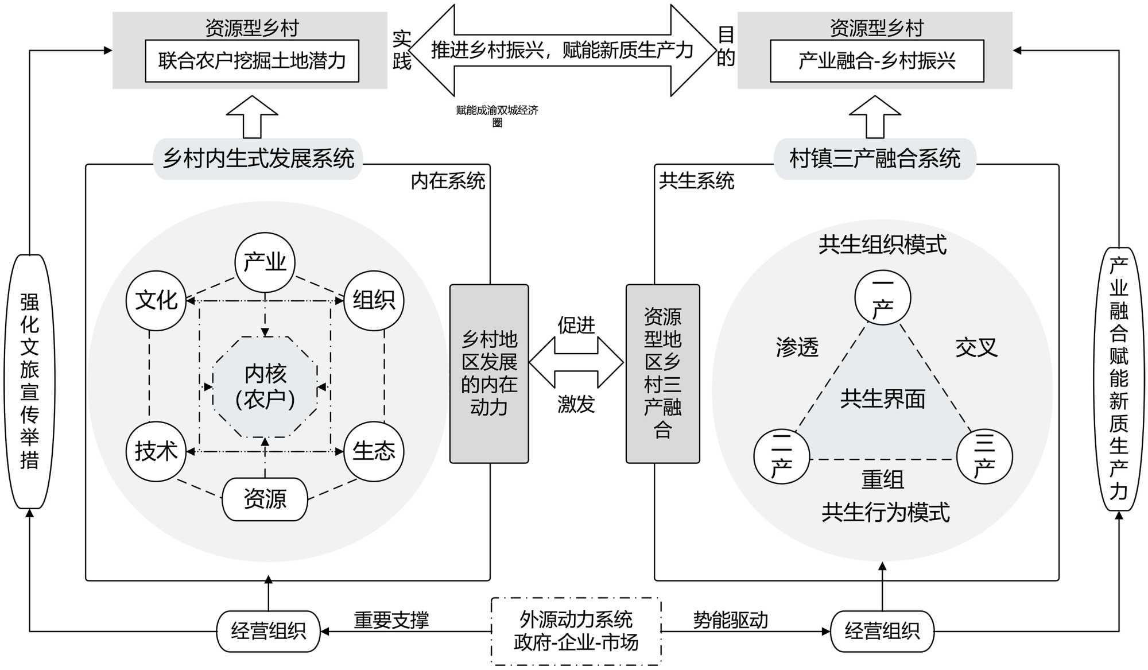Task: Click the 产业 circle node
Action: click(x=265, y=262)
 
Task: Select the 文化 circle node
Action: click(x=156, y=300)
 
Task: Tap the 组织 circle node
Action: click(x=374, y=300)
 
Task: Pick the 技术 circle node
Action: click(x=156, y=451)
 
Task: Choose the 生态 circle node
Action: click(x=374, y=451)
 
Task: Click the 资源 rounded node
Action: click(x=265, y=499)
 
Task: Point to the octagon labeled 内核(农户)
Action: click(x=265, y=386)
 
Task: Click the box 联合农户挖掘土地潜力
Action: click(x=252, y=61)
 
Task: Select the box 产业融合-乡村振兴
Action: click(x=876, y=61)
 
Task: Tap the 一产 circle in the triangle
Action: click(x=882, y=298)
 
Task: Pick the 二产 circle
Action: click(x=782, y=457)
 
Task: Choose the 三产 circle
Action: click(x=984, y=457)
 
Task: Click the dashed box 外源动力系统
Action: click(x=576, y=631)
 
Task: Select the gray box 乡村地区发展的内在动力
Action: click(x=489, y=373)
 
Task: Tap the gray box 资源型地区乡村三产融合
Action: click(x=662, y=373)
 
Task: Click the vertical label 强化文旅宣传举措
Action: click(x=30, y=381)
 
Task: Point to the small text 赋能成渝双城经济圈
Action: click(x=497, y=115)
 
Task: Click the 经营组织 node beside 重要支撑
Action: click(x=268, y=631)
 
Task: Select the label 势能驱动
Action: click(x=730, y=620)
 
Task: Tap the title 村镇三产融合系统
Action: click(x=875, y=158)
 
